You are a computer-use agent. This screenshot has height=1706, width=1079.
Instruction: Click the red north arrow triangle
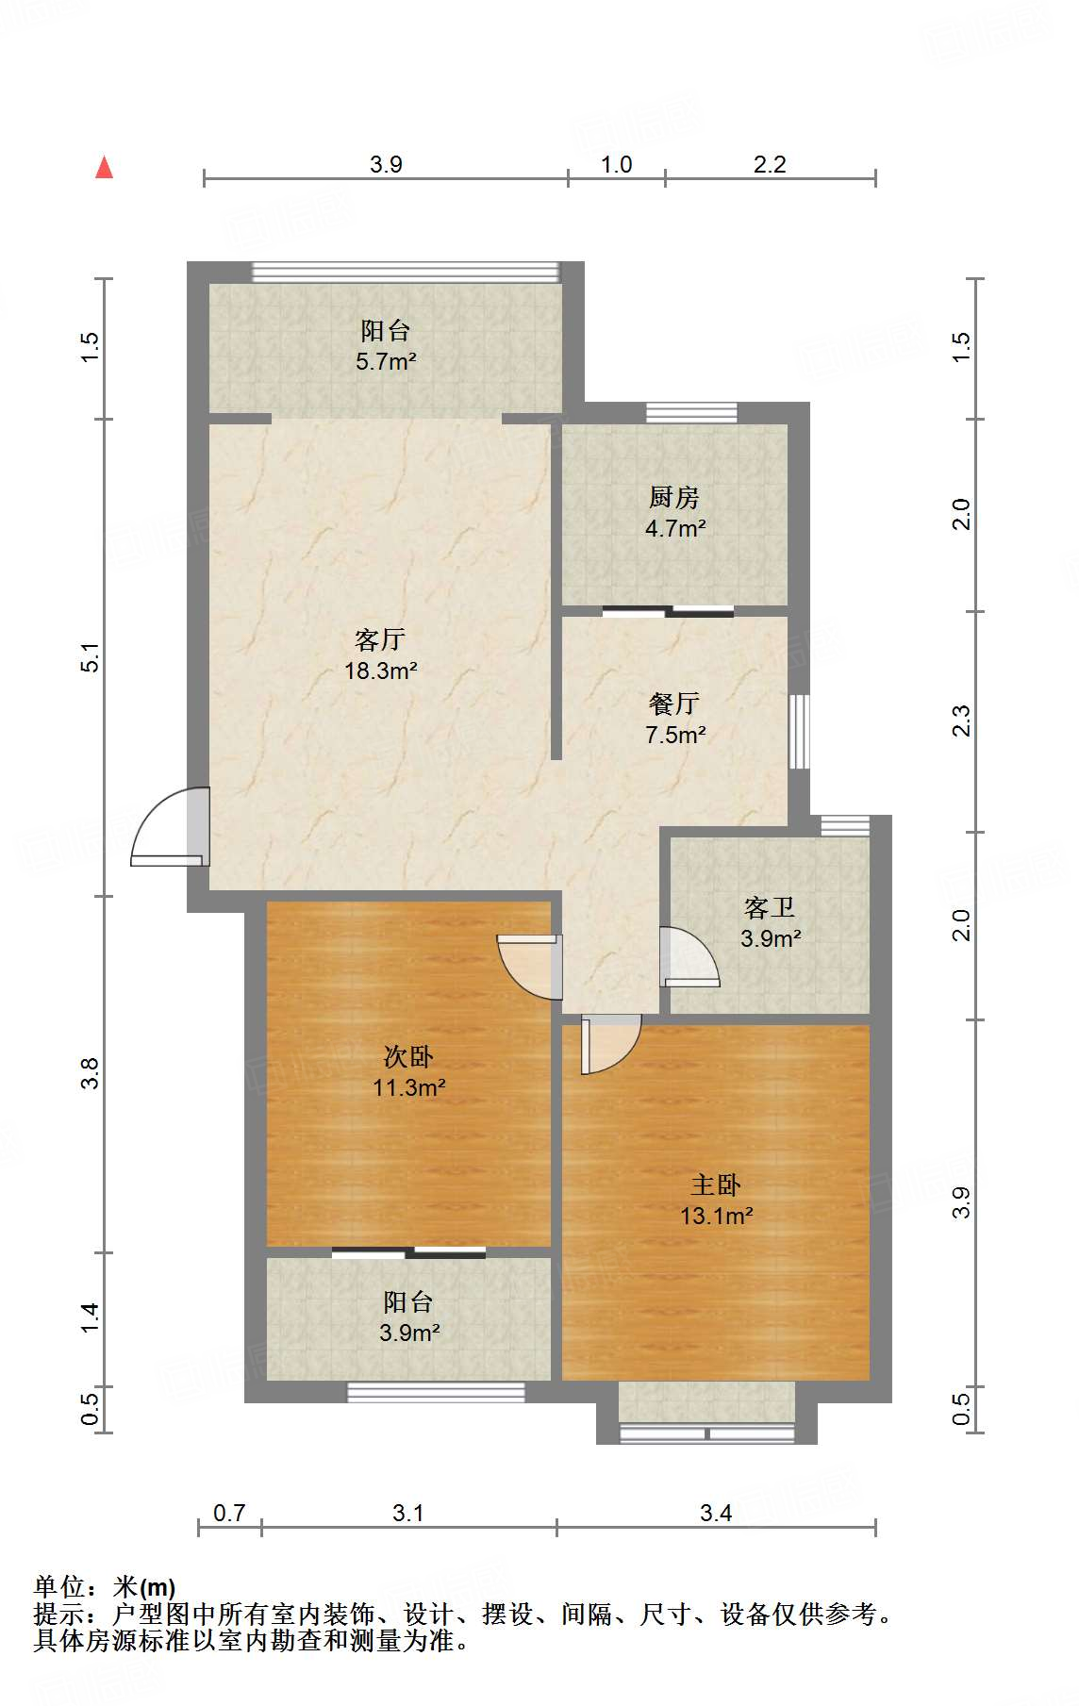coord(105,168)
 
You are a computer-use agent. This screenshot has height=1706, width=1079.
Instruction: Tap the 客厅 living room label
coord(380,640)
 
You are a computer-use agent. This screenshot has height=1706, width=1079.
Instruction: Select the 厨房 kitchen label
coord(674,497)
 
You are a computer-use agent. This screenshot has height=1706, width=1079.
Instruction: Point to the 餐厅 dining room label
coord(674,704)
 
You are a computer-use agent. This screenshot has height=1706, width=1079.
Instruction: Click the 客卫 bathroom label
coord(770,908)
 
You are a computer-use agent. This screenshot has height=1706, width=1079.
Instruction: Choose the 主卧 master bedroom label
coord(716,1185)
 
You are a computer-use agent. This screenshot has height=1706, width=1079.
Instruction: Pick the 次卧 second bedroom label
coord(408,1057)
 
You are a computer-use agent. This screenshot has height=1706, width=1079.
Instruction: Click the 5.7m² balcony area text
coord(386,361)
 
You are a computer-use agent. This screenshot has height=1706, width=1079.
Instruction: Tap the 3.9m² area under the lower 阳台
coord(409,1333)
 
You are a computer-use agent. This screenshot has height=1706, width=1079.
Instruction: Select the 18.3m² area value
coord(380,671)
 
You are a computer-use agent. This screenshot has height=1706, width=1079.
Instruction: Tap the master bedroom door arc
coord(611,1044)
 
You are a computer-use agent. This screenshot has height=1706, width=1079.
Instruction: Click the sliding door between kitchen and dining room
coord(668,611)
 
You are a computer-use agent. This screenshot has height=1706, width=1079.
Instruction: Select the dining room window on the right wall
coord(799,732)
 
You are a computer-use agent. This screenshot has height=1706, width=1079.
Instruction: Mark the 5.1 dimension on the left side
coord(90,657)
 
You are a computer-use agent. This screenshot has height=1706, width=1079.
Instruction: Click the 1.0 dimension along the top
coord(616,165)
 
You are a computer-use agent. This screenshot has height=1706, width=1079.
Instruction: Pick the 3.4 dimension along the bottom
coord(716,1514)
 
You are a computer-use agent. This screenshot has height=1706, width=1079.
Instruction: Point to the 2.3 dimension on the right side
coord(960,721)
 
